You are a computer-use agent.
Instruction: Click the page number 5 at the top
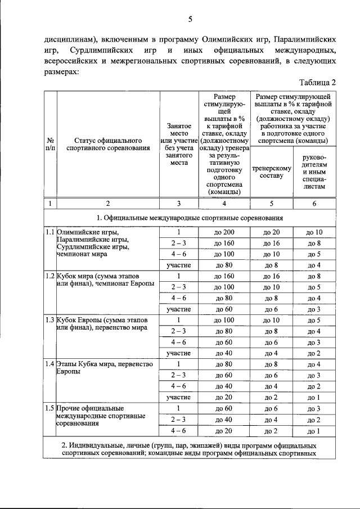pyautogui.click(x=190, y=20)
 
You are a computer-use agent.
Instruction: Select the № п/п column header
pyautogui.click(x=50, y=145)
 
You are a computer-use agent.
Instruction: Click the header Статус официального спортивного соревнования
pyautogui.click(x=107, y=145)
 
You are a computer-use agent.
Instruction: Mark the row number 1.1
pyautogui.click(x=49, y=232)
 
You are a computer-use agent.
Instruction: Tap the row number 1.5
pyautogui.click(x=49, y=408)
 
